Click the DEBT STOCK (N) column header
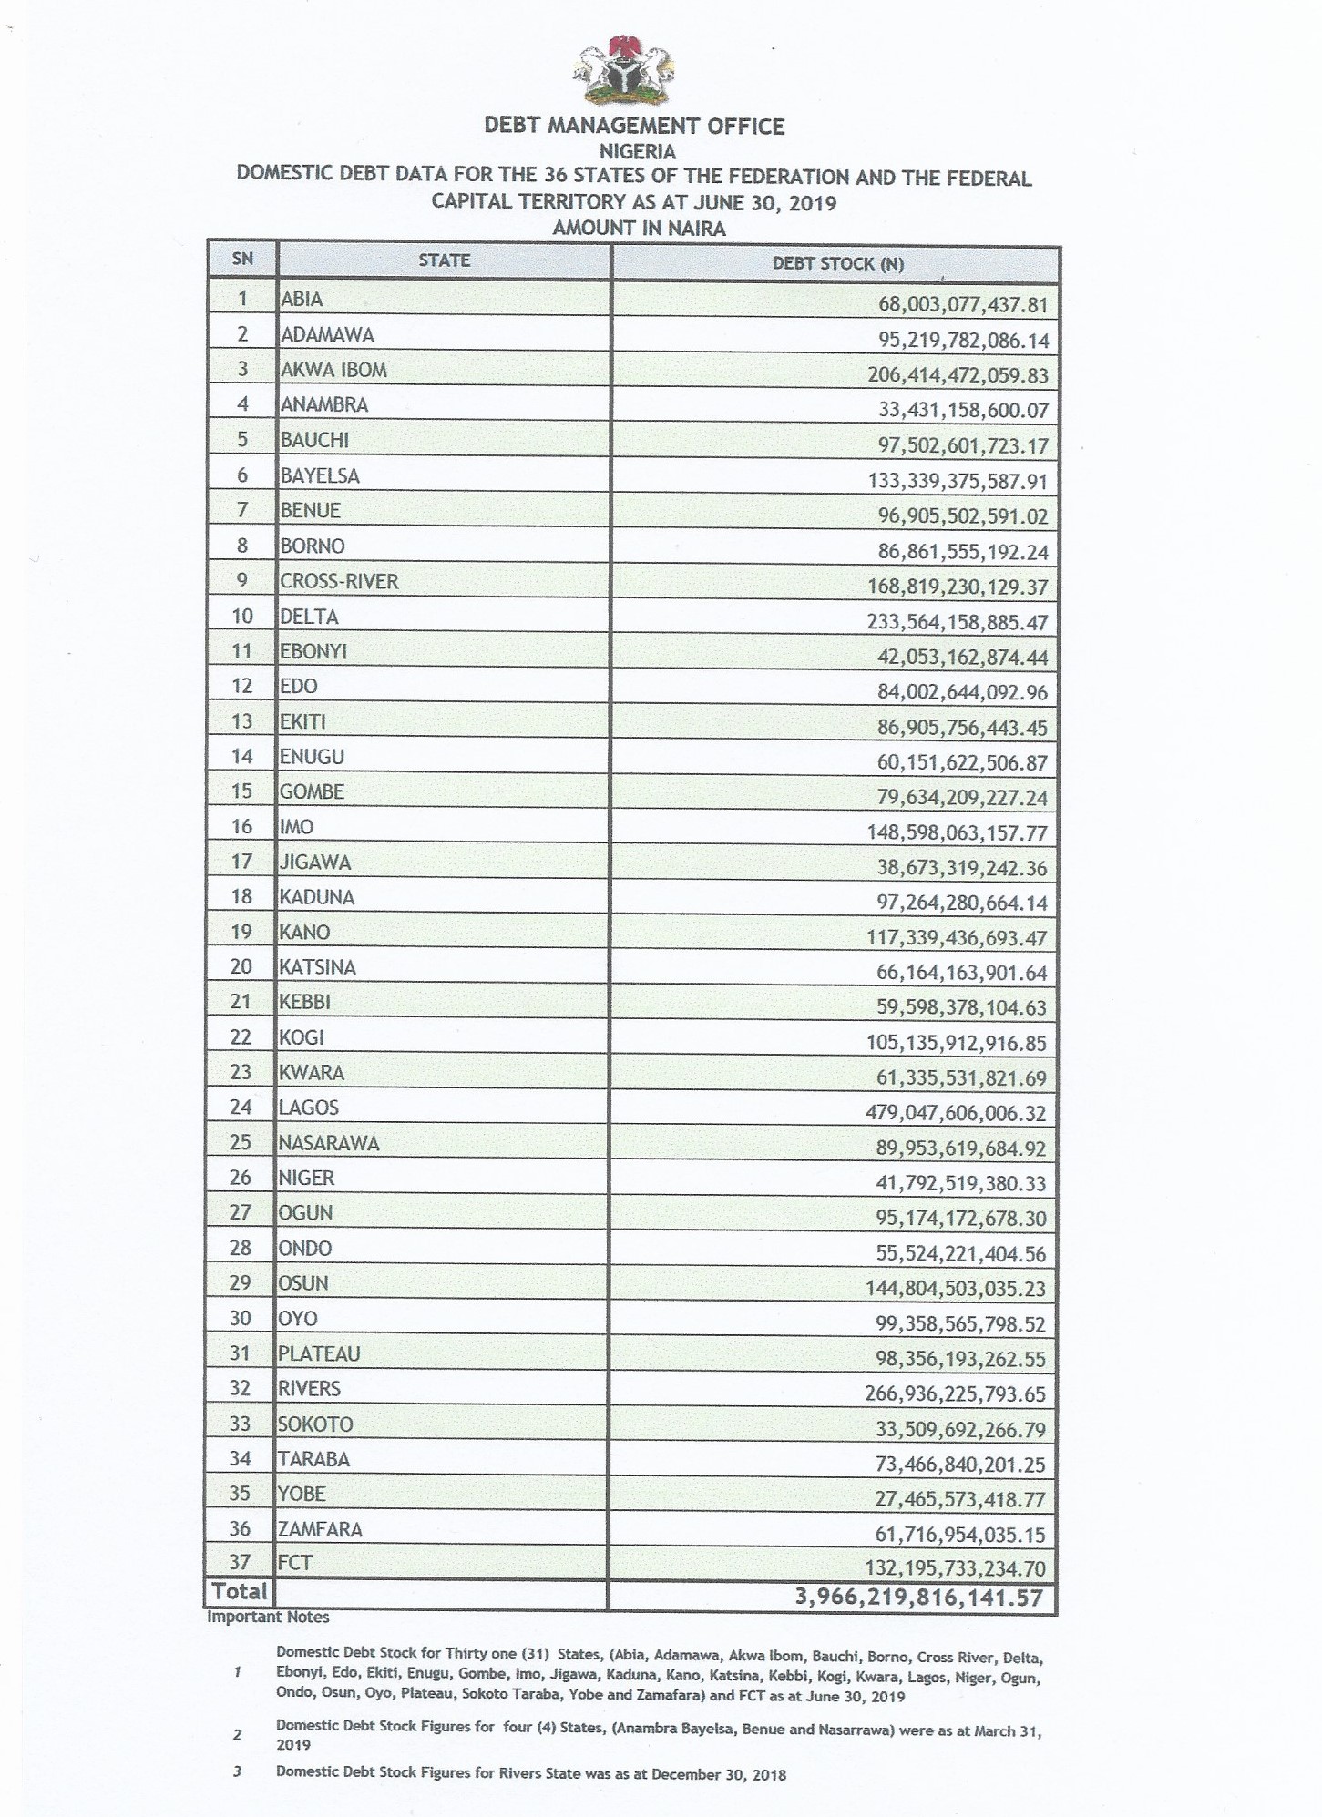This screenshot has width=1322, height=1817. click(x=837, y=264)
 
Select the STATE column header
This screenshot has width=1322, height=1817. click(x=444, y=260)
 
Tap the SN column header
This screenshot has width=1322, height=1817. click(x=242, y=259)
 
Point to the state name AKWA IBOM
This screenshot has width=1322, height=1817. click(x=333, y=370)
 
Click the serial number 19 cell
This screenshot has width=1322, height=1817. click(x=241, y=933)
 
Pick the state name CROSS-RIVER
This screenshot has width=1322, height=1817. click(x=339, y=581)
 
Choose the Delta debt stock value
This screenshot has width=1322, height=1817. click(x=958, y=623)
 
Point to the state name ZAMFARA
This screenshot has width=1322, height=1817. click(x=320, y=1529)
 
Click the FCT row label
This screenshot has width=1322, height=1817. click(x=295, y=1563)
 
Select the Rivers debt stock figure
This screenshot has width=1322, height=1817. click(x=957, y=1393)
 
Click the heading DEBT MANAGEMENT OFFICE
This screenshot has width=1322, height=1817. click(x=634, y=126)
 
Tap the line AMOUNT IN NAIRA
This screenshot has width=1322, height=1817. click(x=639, y=229)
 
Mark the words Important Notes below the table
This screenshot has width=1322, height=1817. click(x=268, y=1618)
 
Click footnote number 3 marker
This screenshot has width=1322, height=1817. click(x=237, y=1773)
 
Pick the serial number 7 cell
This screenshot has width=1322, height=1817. click(x=242, y=510)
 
